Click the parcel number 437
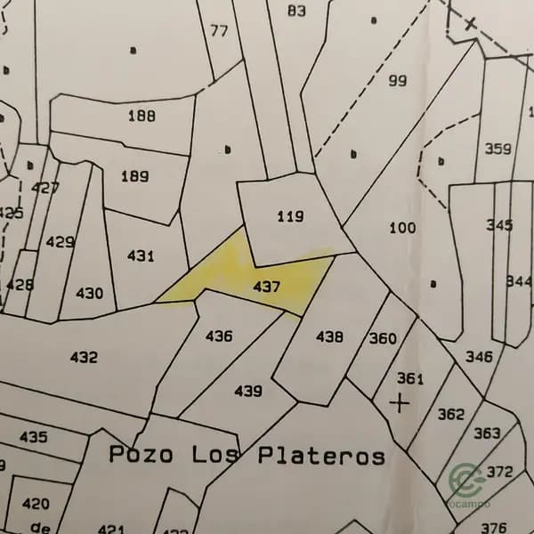(x=267, y=287)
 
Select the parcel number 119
(x=290, y=216)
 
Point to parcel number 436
(x=219, y=336)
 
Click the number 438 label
(x=329, y=336)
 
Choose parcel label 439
(x=248, y=391)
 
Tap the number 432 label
(x=84, y=357)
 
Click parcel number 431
(x=141, y=256)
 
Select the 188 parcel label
(x=142, y=116)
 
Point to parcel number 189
(x=134, y=176)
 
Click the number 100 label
(x=402, y=228)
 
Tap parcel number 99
(x=398, y=81)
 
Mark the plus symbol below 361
(x=400, y=403)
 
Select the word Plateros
(x=321, y=456)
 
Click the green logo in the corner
(x=466, y=481)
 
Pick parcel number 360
(x=383, y=338)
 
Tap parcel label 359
(x=498, y=150)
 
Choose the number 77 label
(x=219, y=30)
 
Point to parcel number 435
(x=33, y=437)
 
